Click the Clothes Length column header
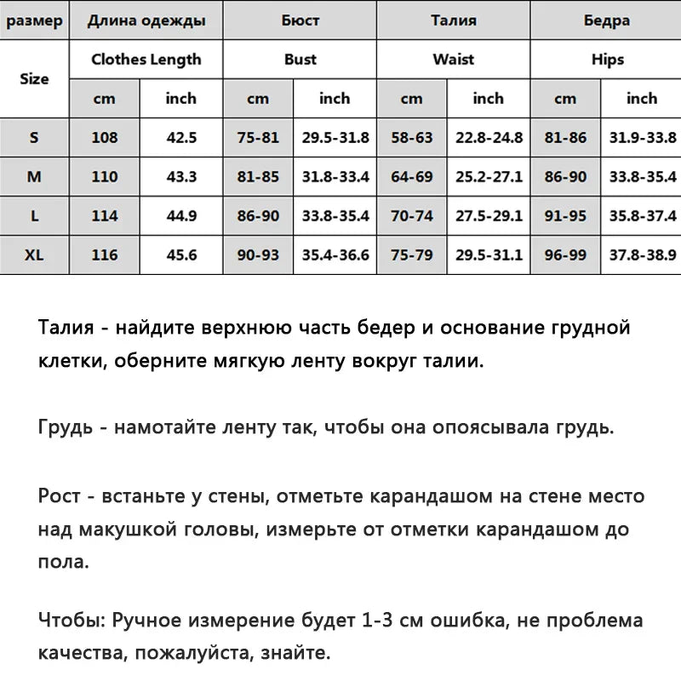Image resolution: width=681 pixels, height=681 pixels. click(x=146, y=60)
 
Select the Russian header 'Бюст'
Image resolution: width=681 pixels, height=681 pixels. click(x=300, y=20)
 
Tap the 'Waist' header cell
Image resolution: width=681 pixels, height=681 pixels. click(x=453, y=60)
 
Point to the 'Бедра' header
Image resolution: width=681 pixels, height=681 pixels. click(x=607, y=20)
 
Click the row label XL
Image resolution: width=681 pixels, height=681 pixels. click(x=34, y=255)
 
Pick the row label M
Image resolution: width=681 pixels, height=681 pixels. click(x=34, y=177)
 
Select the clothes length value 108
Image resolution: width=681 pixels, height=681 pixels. click(x=105, y=137)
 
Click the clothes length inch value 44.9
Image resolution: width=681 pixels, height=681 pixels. click(x=181, y=216)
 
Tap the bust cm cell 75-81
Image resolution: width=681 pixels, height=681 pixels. click(x=258, y=137)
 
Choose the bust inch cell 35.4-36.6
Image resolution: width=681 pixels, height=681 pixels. click(x=335, y=255)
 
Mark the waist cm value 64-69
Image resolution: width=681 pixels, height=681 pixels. click(x=411, y=177)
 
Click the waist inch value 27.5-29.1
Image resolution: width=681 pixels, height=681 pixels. click(x=489, y=216)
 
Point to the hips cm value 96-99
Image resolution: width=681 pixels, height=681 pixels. click(x=565, y=255)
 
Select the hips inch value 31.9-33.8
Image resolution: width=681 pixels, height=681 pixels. click(x=642, y=137)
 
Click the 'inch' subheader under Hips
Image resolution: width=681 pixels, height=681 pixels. click(x=642, y=99)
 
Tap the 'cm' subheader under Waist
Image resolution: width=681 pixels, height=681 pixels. click(x=411, y=99)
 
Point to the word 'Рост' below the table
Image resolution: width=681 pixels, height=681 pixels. click(x=58, y=495)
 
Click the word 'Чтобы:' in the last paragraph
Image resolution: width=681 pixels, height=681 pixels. click(x=72, y=621)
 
